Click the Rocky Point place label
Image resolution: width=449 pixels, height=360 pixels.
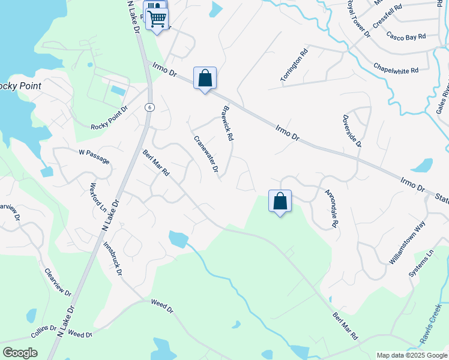19,86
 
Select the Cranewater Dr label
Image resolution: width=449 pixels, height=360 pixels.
205,154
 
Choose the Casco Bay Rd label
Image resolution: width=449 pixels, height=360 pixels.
406,36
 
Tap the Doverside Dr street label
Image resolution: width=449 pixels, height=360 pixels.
352,131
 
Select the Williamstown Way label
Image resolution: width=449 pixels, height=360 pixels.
408,243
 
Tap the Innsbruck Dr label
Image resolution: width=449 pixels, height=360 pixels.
113,259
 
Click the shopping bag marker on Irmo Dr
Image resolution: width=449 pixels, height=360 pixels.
205,78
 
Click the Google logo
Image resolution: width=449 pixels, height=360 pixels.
20,353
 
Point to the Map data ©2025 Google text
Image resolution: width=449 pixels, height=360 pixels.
411,355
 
